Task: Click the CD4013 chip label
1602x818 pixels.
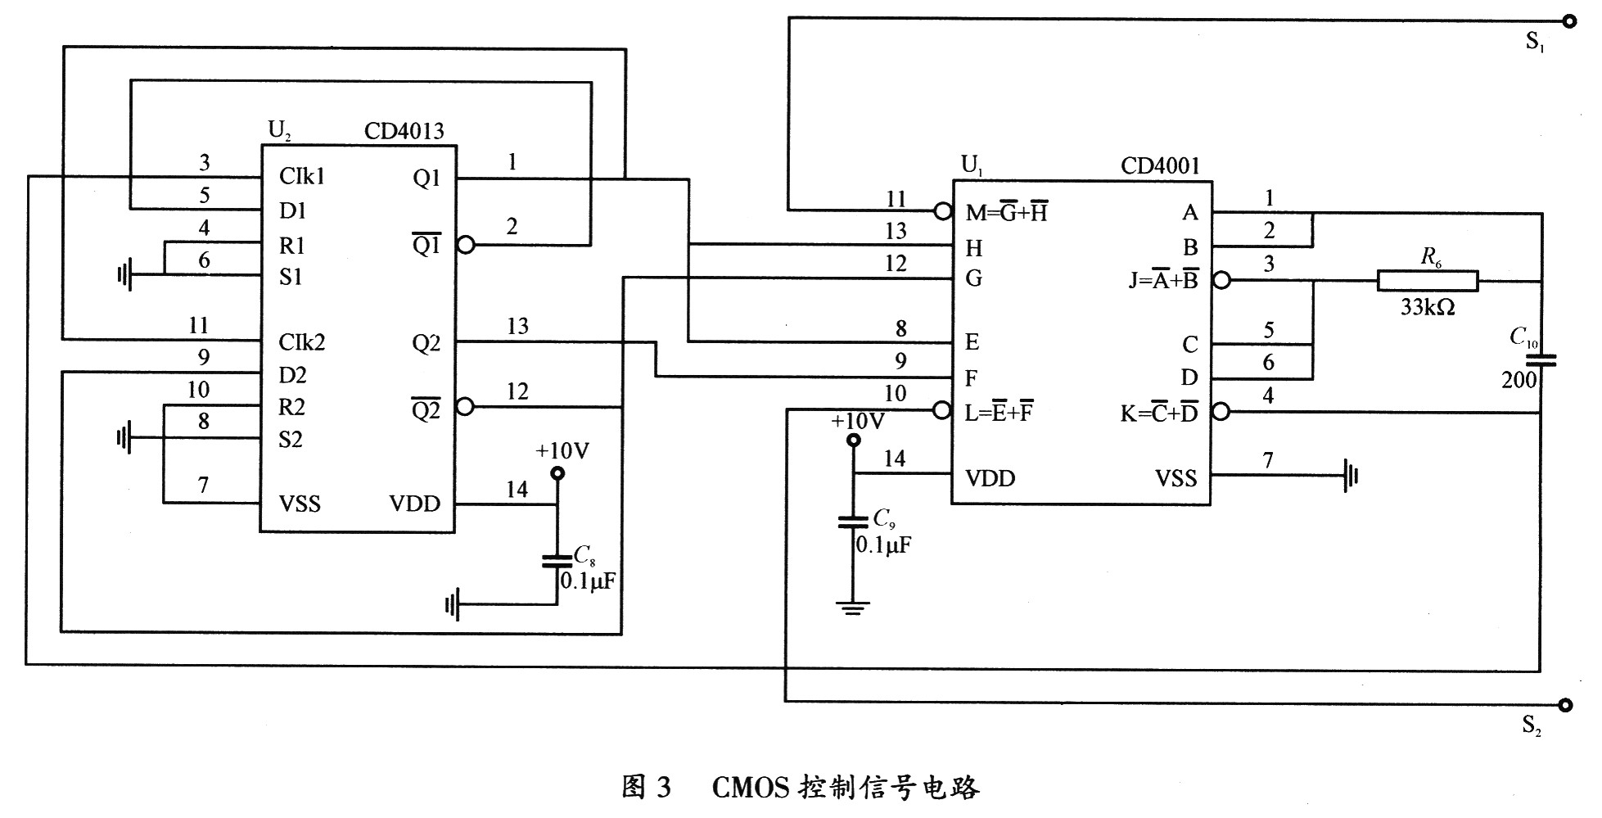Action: tap(404, 131)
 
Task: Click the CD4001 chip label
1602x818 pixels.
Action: tap(1160, 166)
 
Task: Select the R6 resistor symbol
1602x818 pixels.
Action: tap(1428, 281)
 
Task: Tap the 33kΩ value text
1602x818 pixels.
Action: tap(1427, 308)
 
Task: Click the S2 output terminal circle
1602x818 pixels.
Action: tap(1565, 704)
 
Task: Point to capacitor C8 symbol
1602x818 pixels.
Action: tap(557, 562)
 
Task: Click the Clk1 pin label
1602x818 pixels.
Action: tap(301, 176)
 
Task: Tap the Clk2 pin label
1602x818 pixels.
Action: tap(301, 341)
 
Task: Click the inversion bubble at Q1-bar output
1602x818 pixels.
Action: tap(466, 244)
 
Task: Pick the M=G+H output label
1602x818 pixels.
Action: tap(1007, 213)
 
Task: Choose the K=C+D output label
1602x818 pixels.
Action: tap(1159, 414)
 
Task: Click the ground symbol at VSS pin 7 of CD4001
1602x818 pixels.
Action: tap(1351, 474)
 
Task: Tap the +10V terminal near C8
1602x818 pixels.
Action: tap(557, 472)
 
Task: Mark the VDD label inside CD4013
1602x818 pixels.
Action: tap(414, 504)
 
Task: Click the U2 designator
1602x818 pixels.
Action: tap(279, 130)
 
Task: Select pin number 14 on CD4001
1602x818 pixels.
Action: tap(894, 459)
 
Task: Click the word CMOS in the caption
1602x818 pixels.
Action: tap(750, 788)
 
